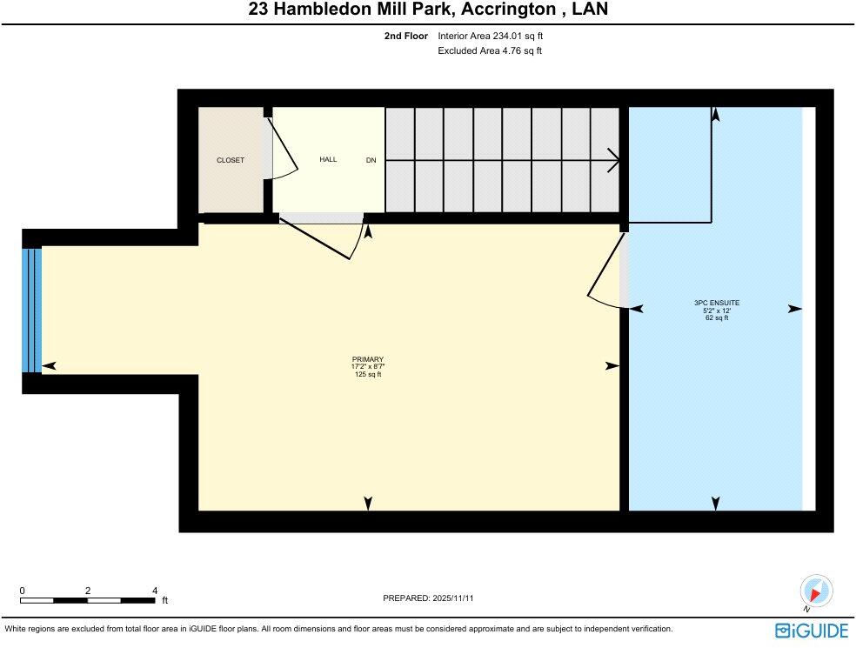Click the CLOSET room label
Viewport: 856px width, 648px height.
[x=231, y=160]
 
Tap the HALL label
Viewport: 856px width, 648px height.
[x=328, y=159]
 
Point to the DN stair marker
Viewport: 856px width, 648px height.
[x=371, y=160]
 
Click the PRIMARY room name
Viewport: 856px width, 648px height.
[x=367, y=359]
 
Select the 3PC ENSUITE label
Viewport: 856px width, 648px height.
[x=716, y=303]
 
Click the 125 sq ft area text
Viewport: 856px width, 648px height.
[x=367, y=374]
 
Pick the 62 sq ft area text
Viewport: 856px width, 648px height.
[x=716, y=317]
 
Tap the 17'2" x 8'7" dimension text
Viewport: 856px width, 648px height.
[x=367, y=367]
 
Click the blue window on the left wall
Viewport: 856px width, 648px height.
[x=31, y=310]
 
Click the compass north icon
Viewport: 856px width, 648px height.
[x=816, y=591]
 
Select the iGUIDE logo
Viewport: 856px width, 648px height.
[x=811, y=630]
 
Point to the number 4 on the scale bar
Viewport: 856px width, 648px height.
[x=154, y=590]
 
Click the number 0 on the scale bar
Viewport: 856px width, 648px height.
[x=22, y=590]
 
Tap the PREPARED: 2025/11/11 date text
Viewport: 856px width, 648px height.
[x=428, y=598]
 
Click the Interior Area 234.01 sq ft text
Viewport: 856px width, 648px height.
[x=490, y=37]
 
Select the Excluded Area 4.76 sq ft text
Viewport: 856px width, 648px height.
[x=490, y=50]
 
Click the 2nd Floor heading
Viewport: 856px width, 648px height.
[x=405, y=37]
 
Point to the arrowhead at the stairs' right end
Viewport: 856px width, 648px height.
[x=615, y=160]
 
